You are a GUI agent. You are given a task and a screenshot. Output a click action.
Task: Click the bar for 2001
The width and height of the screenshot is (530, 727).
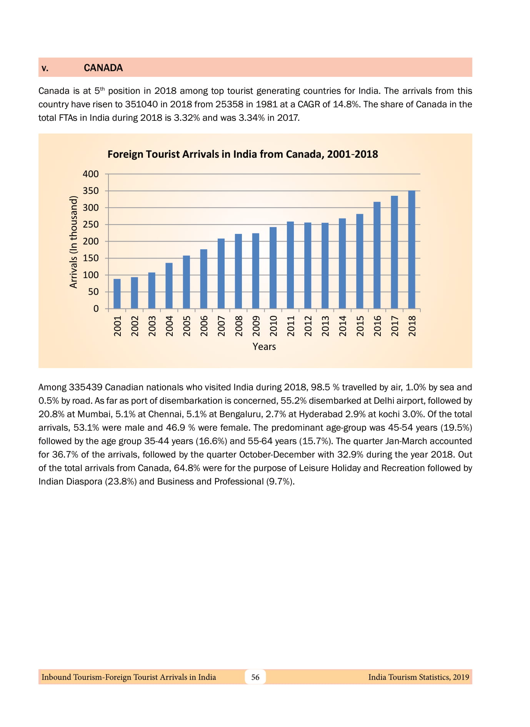(x=117, y=294)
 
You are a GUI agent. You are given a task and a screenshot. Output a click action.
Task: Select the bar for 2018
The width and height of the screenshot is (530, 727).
(x=412, y=250)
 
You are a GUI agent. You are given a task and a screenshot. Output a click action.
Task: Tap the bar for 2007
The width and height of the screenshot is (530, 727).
(x=221, y=273)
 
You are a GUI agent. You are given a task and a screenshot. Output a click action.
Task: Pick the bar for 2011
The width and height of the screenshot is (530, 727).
(x=290, y=265)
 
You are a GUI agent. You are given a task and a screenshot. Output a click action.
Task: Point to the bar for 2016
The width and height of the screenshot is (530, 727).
(x=377, y=255)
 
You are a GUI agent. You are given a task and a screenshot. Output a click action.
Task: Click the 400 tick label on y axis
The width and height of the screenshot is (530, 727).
(x=91, y=174)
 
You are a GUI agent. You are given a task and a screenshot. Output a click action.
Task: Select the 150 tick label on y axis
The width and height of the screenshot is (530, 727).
(x=91, y=258)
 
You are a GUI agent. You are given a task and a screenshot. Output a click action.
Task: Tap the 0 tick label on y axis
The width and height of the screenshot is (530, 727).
(x=96, y=308)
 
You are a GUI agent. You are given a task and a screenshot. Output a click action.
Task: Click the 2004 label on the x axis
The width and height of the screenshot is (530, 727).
(x=170, y=326)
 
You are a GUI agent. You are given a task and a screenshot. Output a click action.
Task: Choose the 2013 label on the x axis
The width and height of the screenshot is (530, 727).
(x=325, y=326)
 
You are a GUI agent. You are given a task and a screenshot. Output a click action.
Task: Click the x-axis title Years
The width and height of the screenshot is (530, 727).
(x=264, y=347)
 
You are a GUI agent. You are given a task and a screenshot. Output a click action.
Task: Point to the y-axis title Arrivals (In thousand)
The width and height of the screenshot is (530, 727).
(x=73, y=242)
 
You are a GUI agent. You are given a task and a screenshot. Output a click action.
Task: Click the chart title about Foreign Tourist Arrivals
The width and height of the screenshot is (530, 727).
(x=243, y=154)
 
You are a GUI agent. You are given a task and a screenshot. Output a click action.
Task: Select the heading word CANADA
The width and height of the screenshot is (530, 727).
(x=103, y=68)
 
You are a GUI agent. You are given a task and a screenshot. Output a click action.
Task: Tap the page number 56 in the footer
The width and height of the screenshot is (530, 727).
(x=255, y=677)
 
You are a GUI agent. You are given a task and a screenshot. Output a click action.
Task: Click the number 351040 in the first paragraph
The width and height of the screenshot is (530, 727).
(x=141, y=104)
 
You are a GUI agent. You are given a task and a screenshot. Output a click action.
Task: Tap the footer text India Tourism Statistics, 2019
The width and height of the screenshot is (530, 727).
(x=418, y=677)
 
